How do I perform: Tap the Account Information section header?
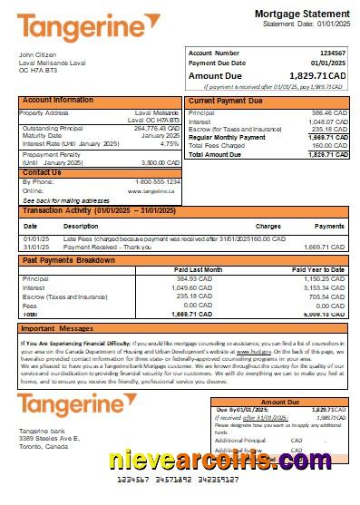[58, 100]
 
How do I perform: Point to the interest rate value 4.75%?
[170, 143]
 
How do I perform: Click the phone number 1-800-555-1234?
[156, 181]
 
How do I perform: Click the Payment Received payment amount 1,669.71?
[326, 246]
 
